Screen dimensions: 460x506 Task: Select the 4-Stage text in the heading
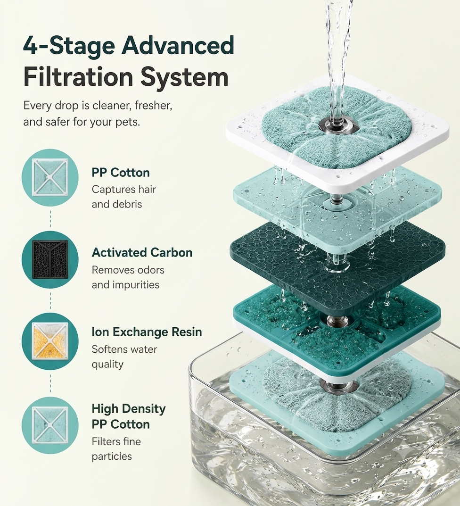pos(69,46)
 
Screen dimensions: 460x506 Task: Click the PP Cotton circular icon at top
pos(50,177)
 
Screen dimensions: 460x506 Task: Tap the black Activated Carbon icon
pos(50,259)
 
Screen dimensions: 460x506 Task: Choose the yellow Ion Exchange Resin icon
pos(50,341)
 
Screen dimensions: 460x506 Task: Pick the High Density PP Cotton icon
pos(50,425)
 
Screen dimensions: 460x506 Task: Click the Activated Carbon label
pos(142,252)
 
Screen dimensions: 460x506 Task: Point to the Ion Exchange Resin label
pos(147,332)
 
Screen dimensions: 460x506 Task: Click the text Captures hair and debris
pos(124,197)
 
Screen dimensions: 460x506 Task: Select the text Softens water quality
pos(124,357)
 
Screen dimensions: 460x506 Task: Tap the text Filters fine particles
pos(116,449)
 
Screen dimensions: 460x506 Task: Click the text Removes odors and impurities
pos(128,277)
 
